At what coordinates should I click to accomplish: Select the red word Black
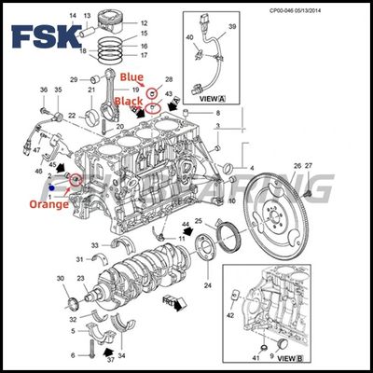128,100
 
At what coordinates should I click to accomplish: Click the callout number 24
207,285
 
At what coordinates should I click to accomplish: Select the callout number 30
60,279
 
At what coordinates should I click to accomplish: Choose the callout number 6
73,355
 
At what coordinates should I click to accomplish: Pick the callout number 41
255,358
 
